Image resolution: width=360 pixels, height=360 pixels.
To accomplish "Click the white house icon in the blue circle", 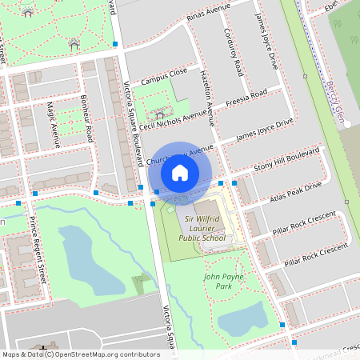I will click(x=180, y=173).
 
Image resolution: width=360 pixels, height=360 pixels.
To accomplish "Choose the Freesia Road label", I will click(x=246, y=102).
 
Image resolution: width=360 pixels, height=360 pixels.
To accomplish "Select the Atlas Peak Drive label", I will click(x=295, y=191).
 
